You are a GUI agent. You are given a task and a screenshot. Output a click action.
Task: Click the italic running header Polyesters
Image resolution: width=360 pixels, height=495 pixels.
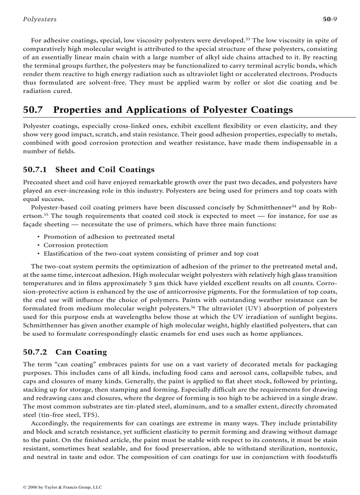[x=39, y=19]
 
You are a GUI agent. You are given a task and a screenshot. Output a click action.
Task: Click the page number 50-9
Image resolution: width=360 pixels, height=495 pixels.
[x=330, y=19]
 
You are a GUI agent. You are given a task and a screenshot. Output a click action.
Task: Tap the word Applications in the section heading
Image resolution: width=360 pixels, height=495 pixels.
[x=164, y=110]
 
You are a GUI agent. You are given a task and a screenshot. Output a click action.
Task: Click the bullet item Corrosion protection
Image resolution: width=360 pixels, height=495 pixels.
[x=75, y=245]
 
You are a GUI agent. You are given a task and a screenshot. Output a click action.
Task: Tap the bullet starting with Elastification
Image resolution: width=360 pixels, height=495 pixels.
[x=151, y=253]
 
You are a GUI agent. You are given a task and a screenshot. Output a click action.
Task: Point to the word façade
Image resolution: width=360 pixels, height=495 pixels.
[x=32, y=224]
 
